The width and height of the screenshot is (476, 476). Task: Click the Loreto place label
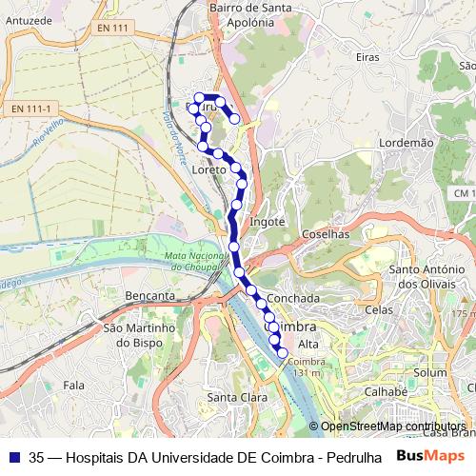(x=208, y=169)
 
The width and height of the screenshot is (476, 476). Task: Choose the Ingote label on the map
(x=267, y=221)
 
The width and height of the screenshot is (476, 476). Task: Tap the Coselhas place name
(x=325, y=233)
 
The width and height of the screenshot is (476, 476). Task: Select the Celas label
(x=378, y=309)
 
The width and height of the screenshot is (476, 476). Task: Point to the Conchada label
(x=292, y=298)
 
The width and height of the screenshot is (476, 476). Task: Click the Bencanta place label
(x=149, y=296)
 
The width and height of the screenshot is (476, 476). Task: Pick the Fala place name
(x=72, y=385)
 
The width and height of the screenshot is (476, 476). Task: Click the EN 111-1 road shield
(x=30, y=109)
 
